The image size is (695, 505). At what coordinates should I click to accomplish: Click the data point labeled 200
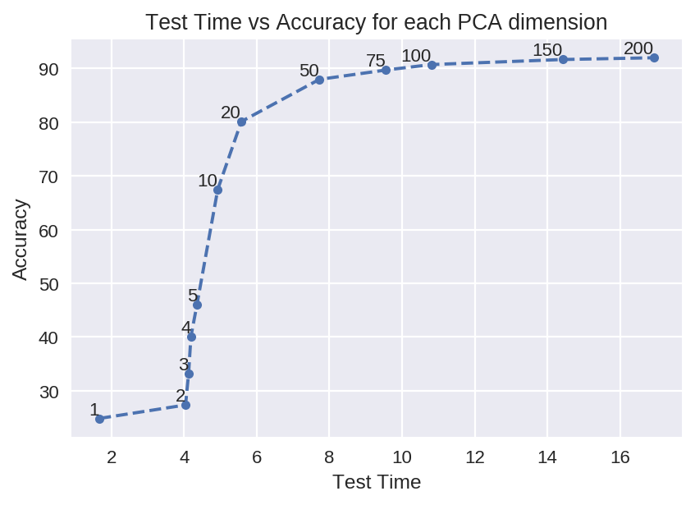654,57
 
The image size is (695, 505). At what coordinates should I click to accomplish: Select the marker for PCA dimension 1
99,419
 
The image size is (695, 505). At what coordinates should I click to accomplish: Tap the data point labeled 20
241,122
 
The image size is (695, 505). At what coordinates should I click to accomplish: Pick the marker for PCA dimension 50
319,80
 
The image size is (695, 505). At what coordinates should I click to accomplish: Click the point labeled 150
563,59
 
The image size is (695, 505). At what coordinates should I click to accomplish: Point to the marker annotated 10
217,190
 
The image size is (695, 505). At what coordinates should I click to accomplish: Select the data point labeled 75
386,70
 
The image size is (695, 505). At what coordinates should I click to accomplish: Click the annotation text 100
416,56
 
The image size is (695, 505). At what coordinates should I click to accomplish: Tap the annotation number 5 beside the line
193,296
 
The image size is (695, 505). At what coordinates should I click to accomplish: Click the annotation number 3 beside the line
184,365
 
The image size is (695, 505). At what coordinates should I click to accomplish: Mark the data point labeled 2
185,405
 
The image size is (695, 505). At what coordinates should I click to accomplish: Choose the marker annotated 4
191,337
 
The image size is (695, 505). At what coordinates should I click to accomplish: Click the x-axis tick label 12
474,458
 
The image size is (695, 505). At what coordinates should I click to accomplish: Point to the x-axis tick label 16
620,458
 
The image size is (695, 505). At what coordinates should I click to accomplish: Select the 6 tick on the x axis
257,458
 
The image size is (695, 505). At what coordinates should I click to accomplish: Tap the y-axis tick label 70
49,177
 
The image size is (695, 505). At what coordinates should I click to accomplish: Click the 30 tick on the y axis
49,392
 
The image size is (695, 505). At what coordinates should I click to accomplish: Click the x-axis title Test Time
376,483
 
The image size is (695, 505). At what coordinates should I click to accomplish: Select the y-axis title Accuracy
21,239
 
